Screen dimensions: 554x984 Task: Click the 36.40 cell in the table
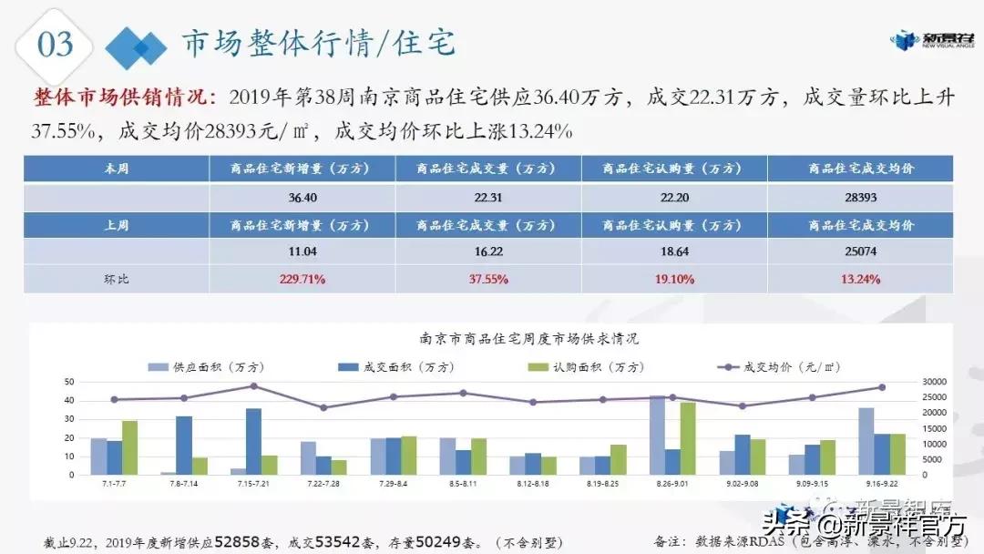pos(302,197)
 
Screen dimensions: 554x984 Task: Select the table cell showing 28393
pos(859,197)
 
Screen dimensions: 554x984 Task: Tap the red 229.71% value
pos(302,279)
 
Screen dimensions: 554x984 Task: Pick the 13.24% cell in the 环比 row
pos(859,279)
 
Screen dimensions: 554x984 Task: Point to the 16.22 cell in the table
pos(487,251)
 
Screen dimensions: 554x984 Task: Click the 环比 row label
pos(116,279)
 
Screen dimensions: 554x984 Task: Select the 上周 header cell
pos(116,225)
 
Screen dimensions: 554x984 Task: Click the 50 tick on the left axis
pos(69,381)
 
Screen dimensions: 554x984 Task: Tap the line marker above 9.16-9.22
pos(881,387)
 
